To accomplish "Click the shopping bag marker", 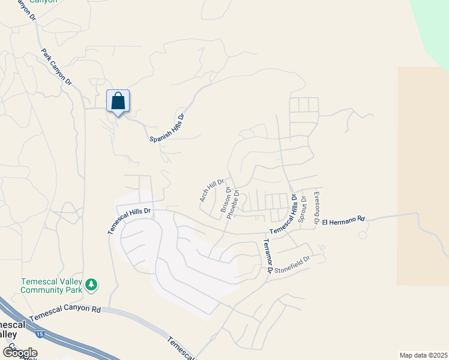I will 118,101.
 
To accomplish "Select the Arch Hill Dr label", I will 211,190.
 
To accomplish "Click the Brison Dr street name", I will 226,199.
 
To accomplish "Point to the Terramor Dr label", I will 268,256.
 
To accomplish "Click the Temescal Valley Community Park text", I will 51,285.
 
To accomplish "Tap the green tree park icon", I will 91,284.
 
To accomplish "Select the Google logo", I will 20,352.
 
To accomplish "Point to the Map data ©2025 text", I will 423,355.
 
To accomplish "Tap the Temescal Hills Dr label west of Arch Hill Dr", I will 130,220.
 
